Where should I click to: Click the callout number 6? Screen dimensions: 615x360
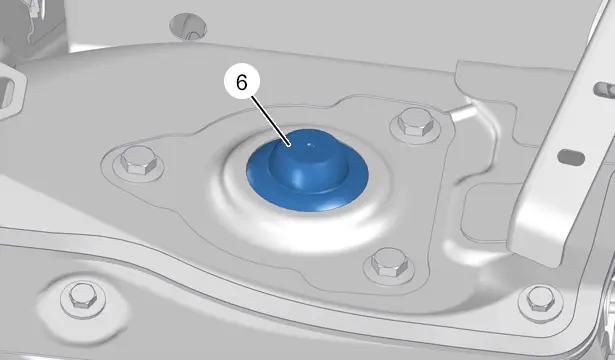[x=242, y=82]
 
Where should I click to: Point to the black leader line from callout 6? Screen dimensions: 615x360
[x=271, y=121]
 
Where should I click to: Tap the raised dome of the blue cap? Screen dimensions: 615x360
[x=308, y=161]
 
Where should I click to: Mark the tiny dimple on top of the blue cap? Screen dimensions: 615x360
[x=311, y=145]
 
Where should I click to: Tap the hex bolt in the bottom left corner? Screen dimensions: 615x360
[x=83, y=296]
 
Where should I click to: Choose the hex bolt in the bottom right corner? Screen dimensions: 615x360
[x=540, y=299]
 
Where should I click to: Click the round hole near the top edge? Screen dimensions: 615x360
[x=188, y=27]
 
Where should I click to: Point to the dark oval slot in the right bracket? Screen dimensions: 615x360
[x=571, y=157]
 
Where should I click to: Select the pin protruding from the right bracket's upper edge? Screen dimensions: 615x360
[x=604, y=89]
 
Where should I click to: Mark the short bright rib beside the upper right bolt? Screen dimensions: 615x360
[x=463, y=111]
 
